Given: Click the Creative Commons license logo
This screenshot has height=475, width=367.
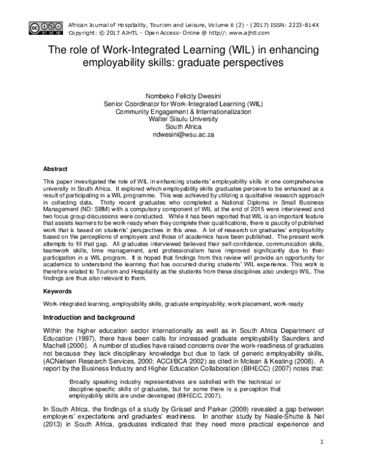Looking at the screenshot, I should [x=39, y=26].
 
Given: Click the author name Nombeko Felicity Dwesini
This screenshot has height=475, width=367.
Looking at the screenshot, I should [x=183, y=96].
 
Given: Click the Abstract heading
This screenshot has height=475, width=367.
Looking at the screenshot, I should [x=56, y=168].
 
